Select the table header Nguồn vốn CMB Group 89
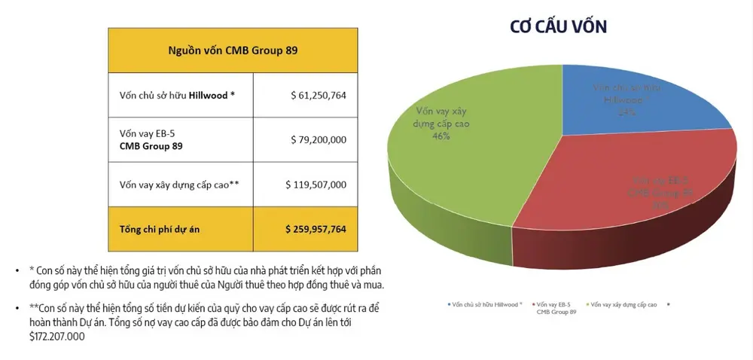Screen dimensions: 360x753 click(233, 50)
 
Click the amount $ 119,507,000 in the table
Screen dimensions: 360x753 click(316, 184)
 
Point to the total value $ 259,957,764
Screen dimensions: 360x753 click(316, 228)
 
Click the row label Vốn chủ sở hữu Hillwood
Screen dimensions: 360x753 click(177, 96)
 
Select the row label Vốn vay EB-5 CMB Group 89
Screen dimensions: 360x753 click(151, 139)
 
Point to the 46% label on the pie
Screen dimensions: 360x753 click(441, 136)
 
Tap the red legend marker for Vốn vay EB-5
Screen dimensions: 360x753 click(532, 305)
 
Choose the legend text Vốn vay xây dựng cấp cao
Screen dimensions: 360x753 click(623, 305)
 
